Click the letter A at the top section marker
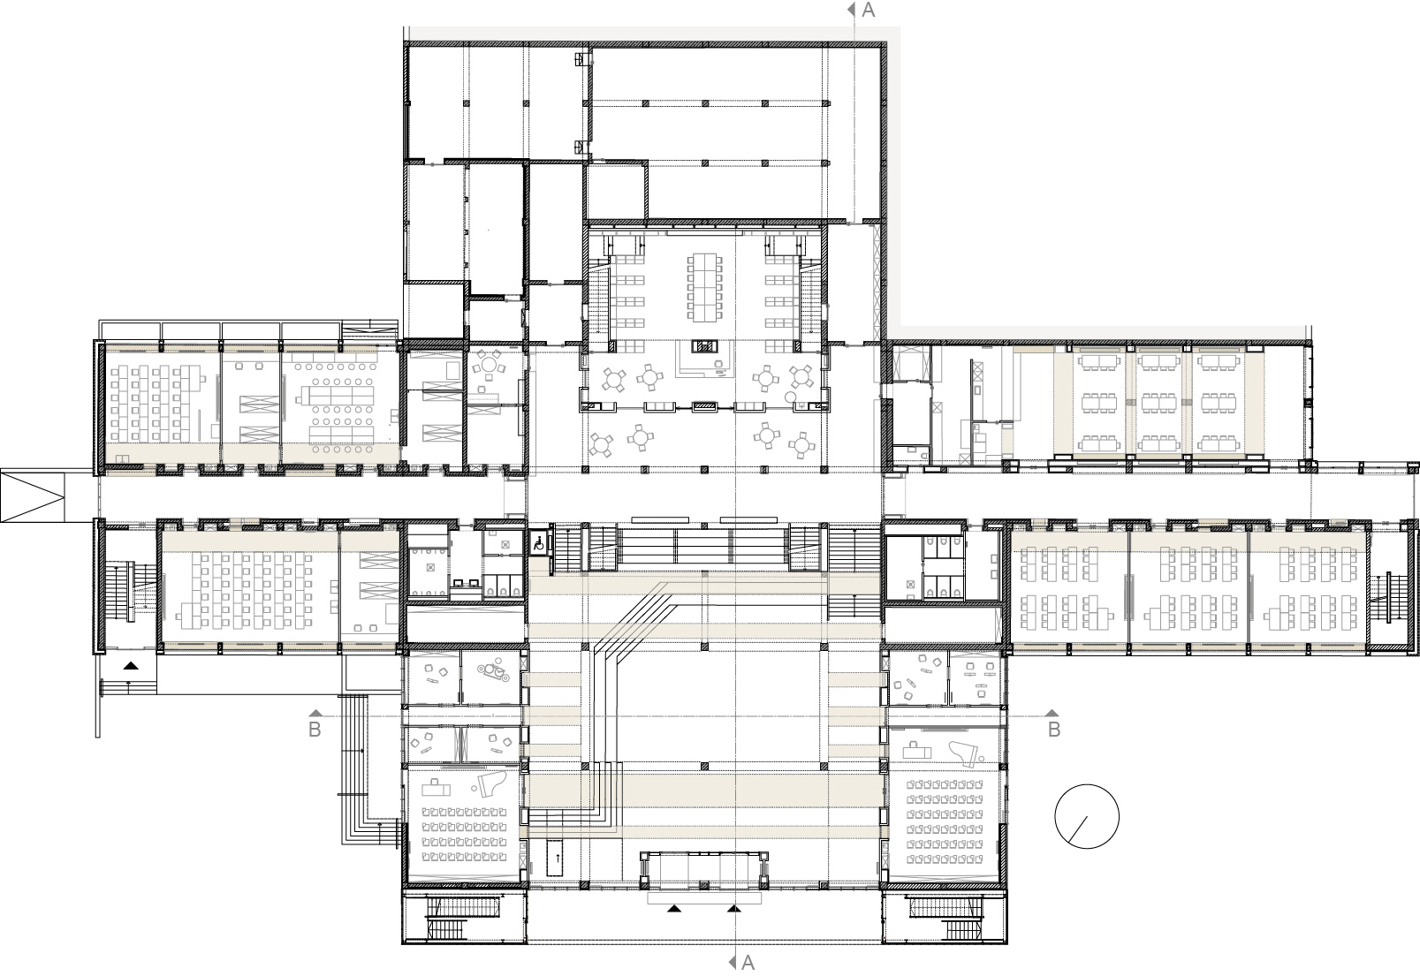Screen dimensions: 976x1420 coord(868,10)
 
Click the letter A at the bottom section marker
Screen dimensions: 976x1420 coord(748,963)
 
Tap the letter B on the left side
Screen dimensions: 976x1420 coord(314,730)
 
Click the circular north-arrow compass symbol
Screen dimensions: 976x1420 coord(1087,816)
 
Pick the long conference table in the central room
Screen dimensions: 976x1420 coord(703,287)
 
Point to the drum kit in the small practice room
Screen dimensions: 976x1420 coord(493,673)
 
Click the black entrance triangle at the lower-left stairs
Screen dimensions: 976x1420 coord(131,667)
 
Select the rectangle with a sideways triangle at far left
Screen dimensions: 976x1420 coord(34,496)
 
